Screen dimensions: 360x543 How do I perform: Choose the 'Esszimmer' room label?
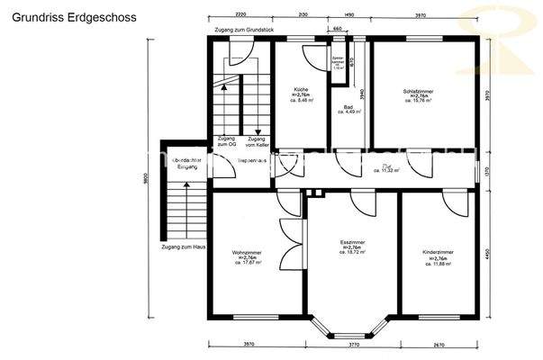(350, 243)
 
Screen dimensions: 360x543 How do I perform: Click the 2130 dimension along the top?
(302, 15)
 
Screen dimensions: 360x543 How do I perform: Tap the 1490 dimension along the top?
(348, 15)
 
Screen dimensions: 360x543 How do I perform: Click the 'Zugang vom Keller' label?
(257, 141)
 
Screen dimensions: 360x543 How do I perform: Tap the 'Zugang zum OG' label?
(227, 141)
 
